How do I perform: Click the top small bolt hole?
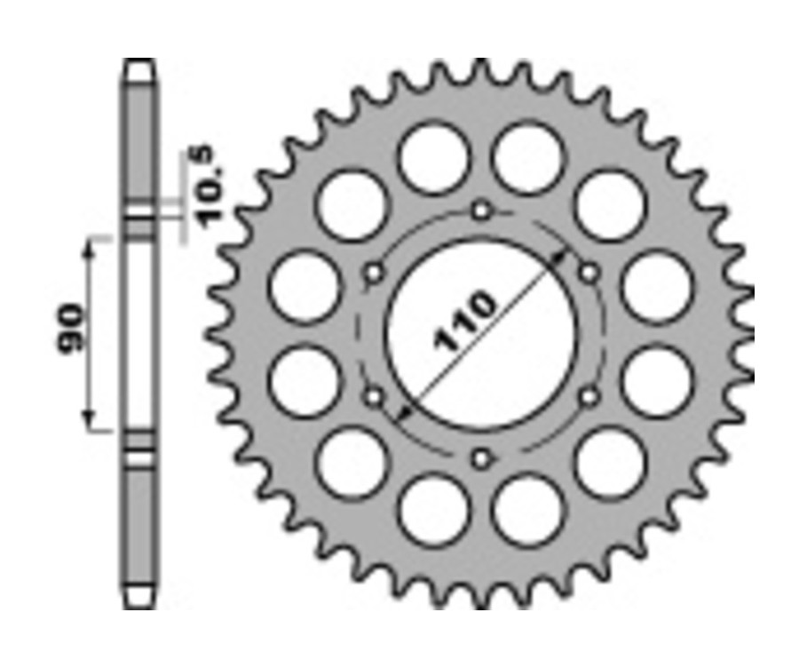tap(481, 211)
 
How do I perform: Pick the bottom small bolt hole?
tap(481, 458)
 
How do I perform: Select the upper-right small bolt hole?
tap(589, 273)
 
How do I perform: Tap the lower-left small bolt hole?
tap(374, 396)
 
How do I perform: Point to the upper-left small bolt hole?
tap(374, 273)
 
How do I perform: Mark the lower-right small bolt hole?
tap(589, 396)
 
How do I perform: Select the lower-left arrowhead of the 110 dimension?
tap(405, 411)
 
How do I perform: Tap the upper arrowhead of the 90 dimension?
tap(89, 248)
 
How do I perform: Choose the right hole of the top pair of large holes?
tap(528, 158)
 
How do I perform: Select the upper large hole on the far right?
tap(657, 287)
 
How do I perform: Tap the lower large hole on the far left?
tap(305, 381)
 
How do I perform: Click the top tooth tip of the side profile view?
tap(138, 68)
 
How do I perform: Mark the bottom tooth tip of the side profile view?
tap(138, 600)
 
